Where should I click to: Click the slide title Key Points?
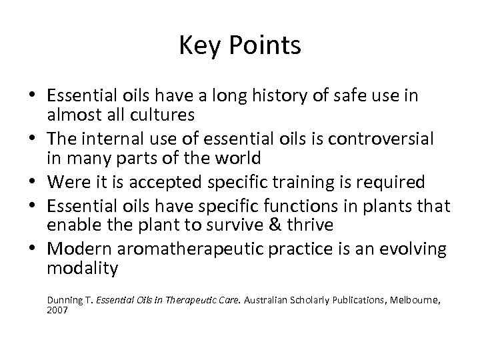(240, 46)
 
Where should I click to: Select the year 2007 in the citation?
(57, 311)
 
